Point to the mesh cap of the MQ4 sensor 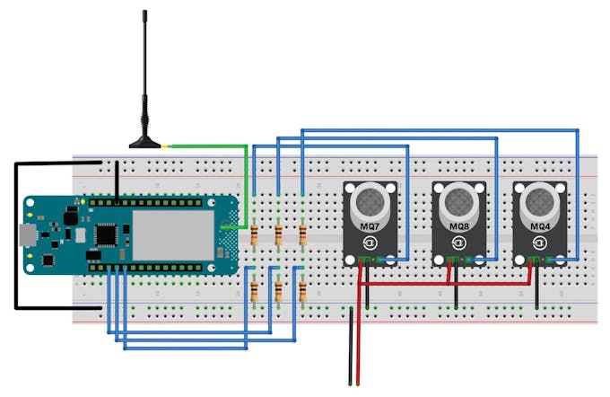(540, 199)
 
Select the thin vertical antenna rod (144, 63)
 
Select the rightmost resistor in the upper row (302, 235)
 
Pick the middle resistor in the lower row (279, 291)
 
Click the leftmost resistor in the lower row (256, 291)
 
